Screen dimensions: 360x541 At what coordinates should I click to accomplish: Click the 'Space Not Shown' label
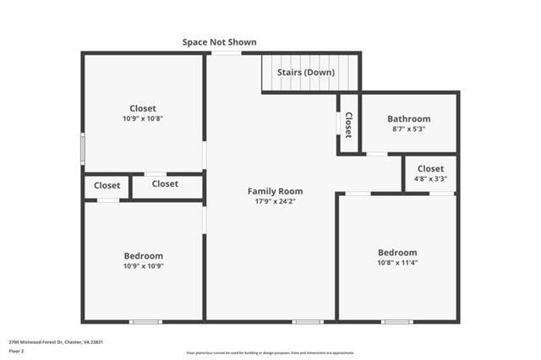tap(219, 41)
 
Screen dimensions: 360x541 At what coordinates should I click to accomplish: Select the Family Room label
tap(275, 191)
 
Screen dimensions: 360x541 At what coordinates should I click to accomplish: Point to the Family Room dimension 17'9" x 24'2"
tap(275, 201)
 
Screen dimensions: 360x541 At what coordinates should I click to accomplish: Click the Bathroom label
tap(408, 119)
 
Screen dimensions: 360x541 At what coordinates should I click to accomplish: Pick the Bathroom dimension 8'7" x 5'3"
tap(408, 129)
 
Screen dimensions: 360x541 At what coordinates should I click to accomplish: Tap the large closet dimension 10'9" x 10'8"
tap(143, 118)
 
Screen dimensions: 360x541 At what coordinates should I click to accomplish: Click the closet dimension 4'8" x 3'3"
tap(430, 179)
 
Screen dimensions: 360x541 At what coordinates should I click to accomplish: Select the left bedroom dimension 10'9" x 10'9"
tap(143, 265)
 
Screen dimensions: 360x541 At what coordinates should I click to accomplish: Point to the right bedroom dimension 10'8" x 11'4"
tap(396, 263)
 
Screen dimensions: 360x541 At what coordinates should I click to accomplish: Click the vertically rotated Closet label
tap(347, 124)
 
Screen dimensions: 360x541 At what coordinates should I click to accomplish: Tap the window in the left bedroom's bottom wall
tap(145, 321)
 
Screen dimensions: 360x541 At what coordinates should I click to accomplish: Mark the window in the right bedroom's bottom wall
tap(396, 321)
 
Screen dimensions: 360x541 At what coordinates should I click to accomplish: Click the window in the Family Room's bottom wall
tap(307, 321)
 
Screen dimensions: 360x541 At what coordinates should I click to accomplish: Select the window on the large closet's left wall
tap(82, 148)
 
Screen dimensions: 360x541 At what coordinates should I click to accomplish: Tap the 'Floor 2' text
tap(17, 351)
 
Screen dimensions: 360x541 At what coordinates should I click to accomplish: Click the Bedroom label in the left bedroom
tap(143, 255)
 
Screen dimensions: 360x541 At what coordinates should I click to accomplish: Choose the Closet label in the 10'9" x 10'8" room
tap(143, 108)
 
